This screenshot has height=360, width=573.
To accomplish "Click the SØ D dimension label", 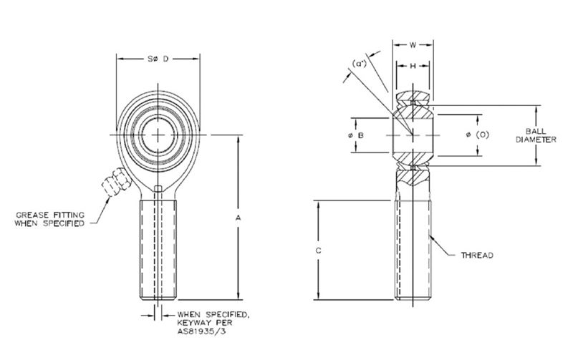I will click(158, 59).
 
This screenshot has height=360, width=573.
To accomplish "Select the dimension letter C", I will click(319, 250).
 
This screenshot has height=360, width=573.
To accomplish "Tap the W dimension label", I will click(413, 45).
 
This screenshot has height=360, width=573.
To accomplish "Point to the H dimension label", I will click(413, 66).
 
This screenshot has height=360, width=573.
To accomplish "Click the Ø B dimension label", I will click(361, 135).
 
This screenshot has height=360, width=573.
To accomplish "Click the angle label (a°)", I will click(361, 64).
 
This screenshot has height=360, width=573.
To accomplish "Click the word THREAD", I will click(478, 255).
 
